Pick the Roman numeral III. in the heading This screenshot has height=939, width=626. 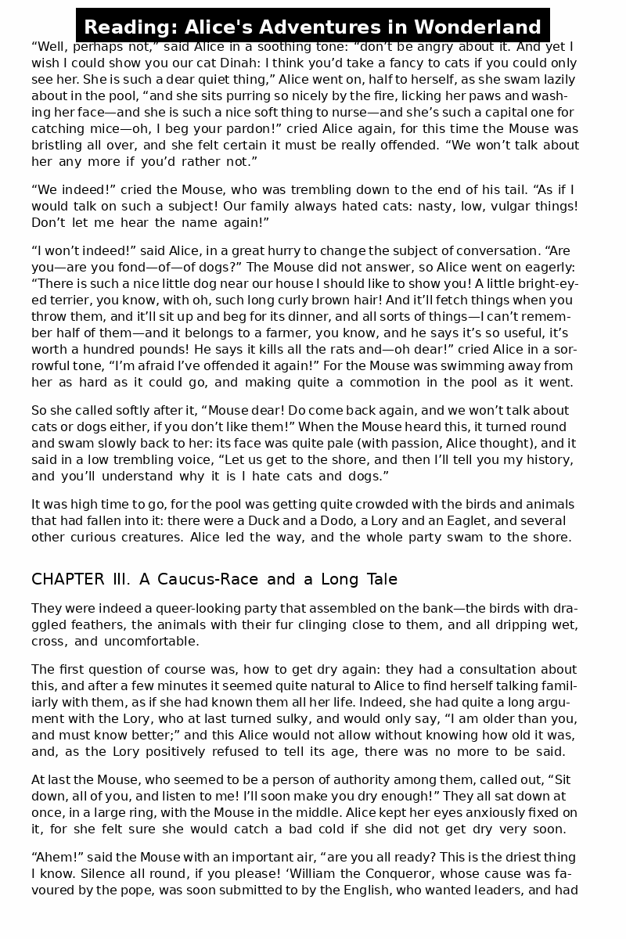pos(123,579)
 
